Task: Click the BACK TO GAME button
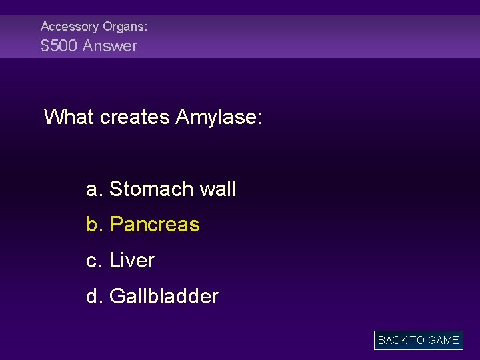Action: coord(418,340)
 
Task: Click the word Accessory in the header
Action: coord(69,27)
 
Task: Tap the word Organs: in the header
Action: coord(125,27)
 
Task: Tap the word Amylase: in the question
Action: coord(219,117)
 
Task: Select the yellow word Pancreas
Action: coord(155,225)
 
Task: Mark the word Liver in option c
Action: coord(132,261)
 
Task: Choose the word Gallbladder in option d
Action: coord(164,296)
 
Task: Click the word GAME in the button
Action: coord(443,340)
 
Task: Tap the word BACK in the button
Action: coord(392,340)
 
